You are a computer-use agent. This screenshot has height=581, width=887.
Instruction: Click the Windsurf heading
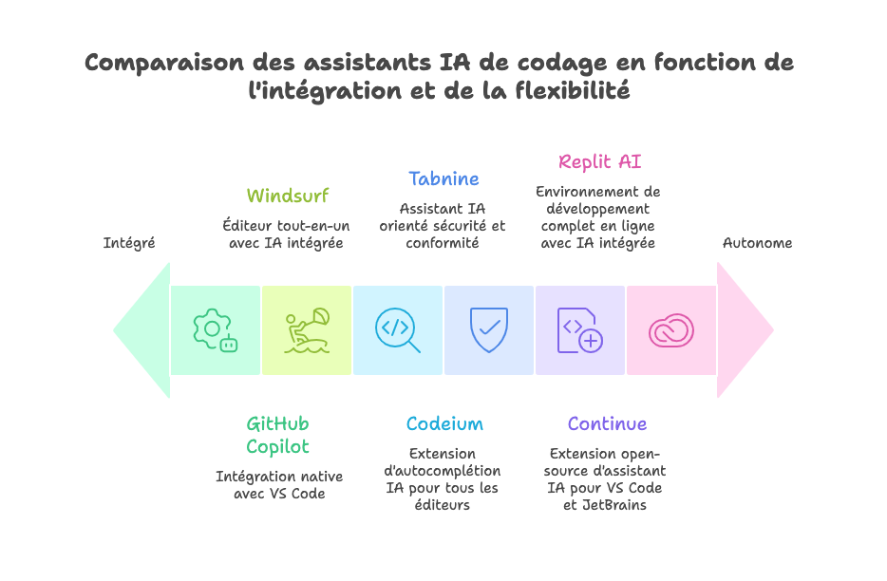point(287,196)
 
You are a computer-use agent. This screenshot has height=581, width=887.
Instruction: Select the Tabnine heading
point(443,178)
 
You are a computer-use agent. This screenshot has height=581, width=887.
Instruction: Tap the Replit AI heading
point(599,161)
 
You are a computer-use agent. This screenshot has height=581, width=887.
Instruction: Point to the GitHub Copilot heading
point(277,435)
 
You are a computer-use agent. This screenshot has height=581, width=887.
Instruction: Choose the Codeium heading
point(443,423)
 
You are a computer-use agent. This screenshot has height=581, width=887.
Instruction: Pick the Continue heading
point(607,423)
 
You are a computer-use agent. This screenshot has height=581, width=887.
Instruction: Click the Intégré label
point(129,243)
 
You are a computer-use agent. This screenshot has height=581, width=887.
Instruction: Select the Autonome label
point(757,243)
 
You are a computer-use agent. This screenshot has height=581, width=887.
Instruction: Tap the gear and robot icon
point(215,330)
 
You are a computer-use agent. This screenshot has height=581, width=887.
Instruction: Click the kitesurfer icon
point(307,330)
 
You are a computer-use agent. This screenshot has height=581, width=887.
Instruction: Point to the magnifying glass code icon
point(397,330)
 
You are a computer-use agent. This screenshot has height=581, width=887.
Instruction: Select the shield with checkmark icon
point(489,329)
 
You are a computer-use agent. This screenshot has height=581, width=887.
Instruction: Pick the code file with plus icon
point(579,330)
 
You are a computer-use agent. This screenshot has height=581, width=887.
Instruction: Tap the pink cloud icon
point(670,330)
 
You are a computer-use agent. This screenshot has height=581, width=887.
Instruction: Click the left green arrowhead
point(142,330)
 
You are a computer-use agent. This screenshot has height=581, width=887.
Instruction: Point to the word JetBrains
point(619,505)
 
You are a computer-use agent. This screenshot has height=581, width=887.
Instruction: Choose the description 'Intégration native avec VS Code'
point(278,485)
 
